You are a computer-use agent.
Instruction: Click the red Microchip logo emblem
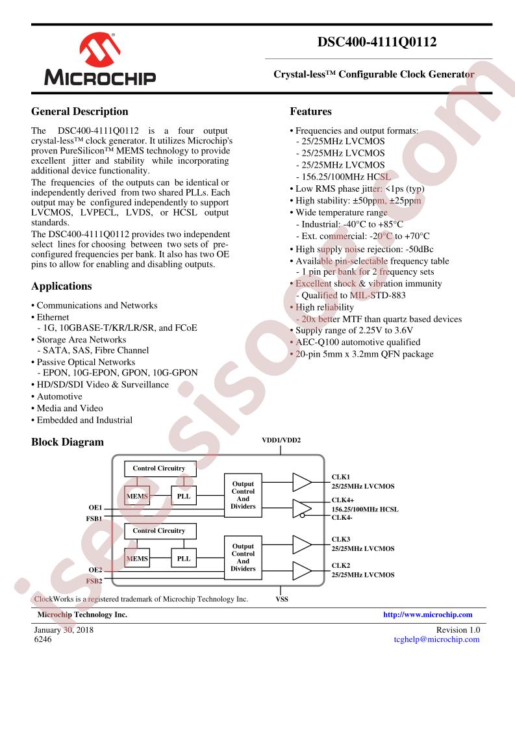click(x=99, y=49)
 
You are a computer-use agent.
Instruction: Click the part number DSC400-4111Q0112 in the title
click(x=377, y=42)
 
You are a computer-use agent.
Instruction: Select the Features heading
click(x=310, y=112)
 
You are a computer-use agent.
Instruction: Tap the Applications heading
click(x=61, y=287)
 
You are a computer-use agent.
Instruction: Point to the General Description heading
click(x=79, y=112)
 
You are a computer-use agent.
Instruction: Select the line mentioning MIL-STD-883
click(x=351, y=295)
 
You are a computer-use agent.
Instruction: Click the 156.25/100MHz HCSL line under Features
click(x=344, y=177)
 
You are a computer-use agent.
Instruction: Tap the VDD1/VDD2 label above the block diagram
click(x=281, y=440)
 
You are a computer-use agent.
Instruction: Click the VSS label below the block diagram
click(x=282, y=599)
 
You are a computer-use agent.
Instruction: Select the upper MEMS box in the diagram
click(x=137, y=496)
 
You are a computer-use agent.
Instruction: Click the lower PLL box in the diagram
click(x=184, y=558)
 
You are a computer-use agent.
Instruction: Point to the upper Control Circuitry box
click(x=159, y=468)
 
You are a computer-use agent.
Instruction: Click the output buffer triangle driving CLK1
click(x=301, y=482)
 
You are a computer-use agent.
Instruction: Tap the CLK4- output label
click(x=342, y=517)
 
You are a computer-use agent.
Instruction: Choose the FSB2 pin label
click(x=94, y=581)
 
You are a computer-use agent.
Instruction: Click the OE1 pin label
click(x=95, y=507)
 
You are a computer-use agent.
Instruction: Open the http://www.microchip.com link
click(x=427, y=615)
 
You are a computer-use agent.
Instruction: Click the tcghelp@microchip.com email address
click(x=436, y=639)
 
